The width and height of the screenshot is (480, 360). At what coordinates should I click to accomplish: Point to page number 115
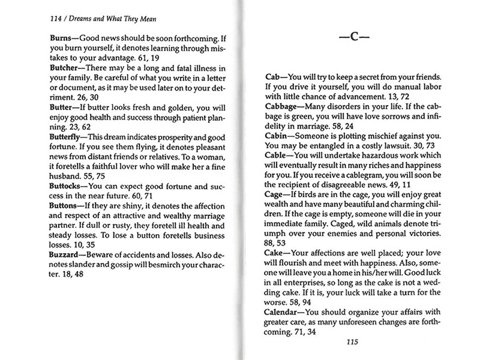[x=347, y=343]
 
